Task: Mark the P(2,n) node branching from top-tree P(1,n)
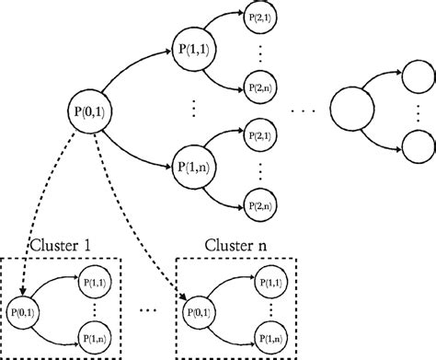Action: [x=258, y=199]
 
